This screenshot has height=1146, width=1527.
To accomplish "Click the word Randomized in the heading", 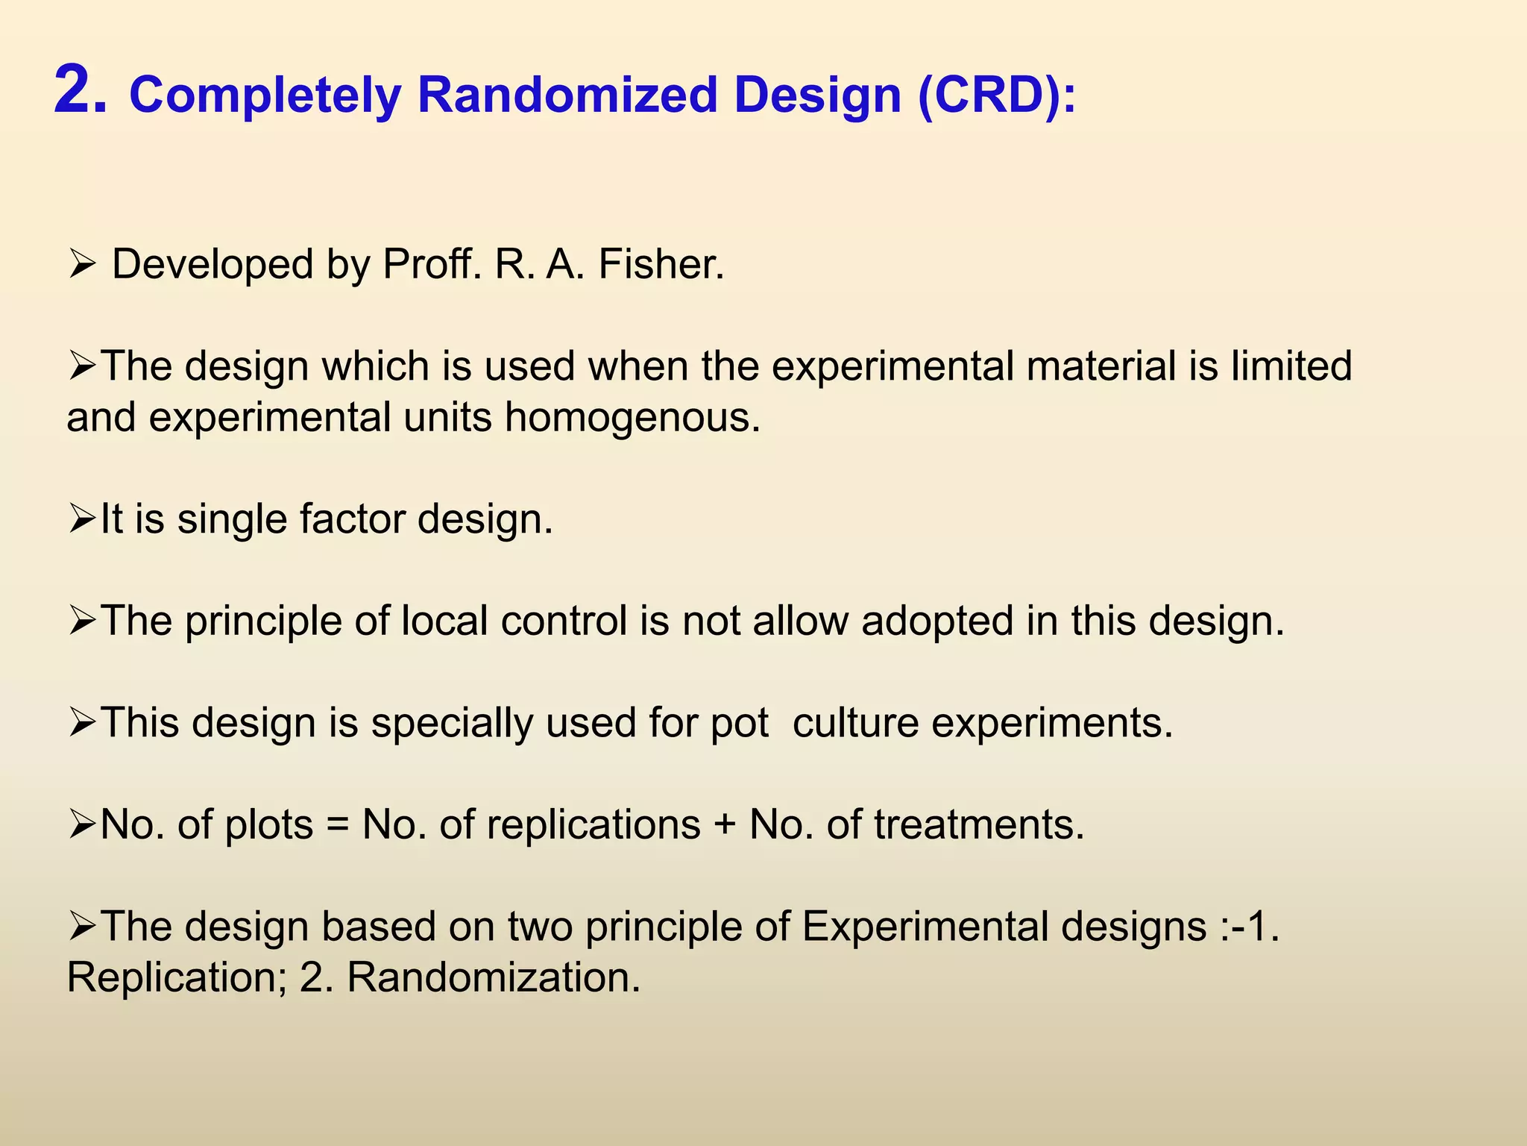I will [566, 95].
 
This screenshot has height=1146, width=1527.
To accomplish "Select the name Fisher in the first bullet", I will [661, 264].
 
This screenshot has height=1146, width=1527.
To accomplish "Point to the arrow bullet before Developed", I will [80, 264].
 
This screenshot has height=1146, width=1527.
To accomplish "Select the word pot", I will [739, 723].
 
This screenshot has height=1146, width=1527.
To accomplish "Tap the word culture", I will [855, 723].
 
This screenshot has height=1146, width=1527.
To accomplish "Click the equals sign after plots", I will [338, 825].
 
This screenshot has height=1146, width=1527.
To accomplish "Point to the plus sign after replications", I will [725, 825].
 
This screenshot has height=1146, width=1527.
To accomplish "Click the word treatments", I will [979, 825].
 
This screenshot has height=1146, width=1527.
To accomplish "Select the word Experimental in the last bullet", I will [925, 927].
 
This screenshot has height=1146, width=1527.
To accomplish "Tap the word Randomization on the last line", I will [494, 978].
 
